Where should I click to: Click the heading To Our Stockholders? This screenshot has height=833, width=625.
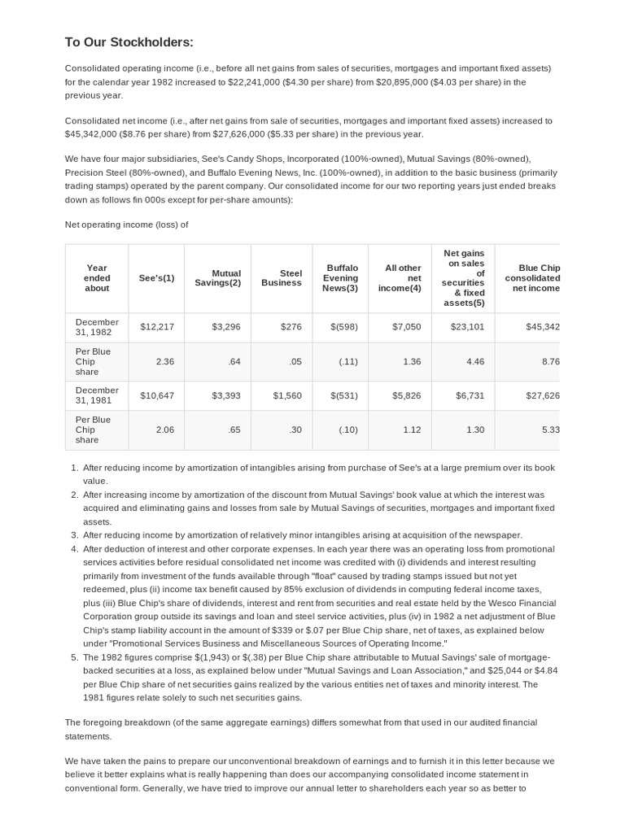pyautogui.click(x=129, y=42)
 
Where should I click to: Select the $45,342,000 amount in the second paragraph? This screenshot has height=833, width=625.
pyautogui.click(x=94, y=134)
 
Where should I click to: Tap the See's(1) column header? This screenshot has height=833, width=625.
pyautogui.click(x=156, y=278)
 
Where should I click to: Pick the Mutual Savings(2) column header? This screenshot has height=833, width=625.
pyautogui.click(x=217, y=278)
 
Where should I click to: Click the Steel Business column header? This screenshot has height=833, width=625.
pyautogui.click(x=281, y=278)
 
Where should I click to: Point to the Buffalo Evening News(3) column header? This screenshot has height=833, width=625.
pyautogui.click(x=340, y=278)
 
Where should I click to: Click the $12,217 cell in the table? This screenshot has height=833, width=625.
pyautogui.click(x=157, y=327)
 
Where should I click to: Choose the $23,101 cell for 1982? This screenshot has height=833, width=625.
pyautogui.click(x=467, y=327)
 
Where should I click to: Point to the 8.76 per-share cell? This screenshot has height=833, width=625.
pyautogui.click(x=549, y=361)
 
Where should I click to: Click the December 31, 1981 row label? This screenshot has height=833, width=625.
pyautogui.click(x=97, y=395)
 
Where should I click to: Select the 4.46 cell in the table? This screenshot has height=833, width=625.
pyautogui.click(x=474, y=361)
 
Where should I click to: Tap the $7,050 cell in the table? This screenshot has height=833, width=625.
pyautogui.click(x=407, y=327)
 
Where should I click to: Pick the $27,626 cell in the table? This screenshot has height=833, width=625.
pyautogui.click(x=543, y=395)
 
